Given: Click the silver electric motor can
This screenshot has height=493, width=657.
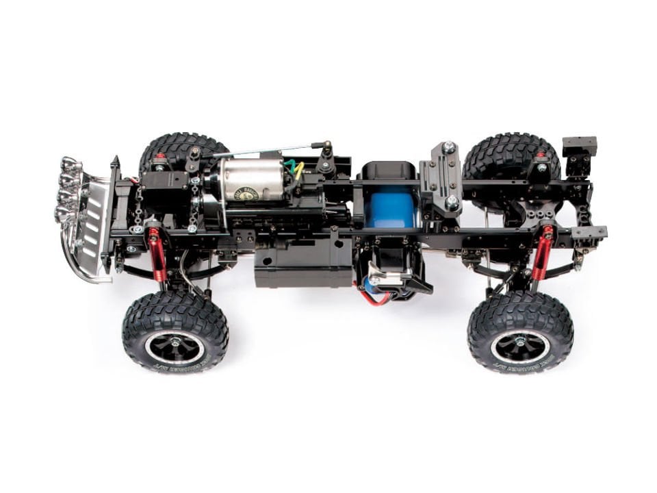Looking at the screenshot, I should [x=250, y=180].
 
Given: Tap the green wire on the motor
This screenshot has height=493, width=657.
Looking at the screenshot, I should [x=292, y=165].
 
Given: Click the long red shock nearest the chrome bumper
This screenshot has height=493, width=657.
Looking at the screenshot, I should [x=157, y=255].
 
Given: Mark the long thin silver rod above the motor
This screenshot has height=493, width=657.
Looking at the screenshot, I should [x=267, y=150].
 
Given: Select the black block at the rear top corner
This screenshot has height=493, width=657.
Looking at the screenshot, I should [x=579, y=146].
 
